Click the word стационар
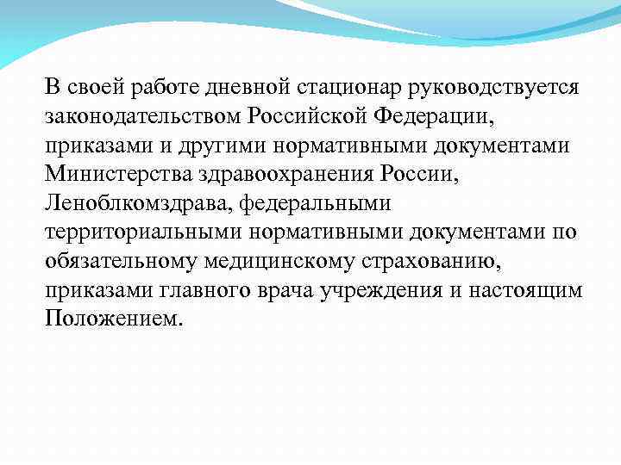pos(342,87)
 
